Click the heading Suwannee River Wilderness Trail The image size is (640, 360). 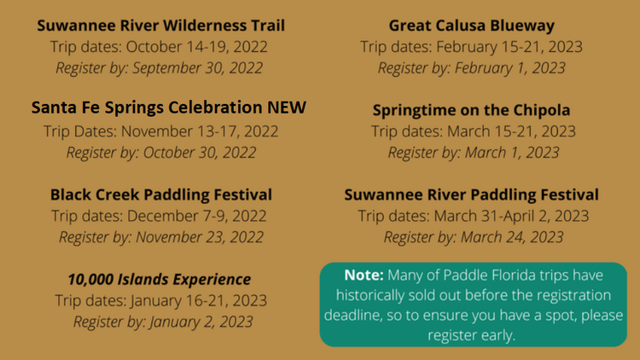pyautogui.click(x=160, y=26)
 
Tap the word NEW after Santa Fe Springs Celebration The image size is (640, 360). pyautogui.click(x=287, y=107)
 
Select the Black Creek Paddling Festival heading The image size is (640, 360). pyautogui.click(x=160, y=195)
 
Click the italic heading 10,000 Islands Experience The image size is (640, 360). pyautogui.click(x=160, y=280)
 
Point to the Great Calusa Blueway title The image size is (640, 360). pyautogui.click(x=471, y=26)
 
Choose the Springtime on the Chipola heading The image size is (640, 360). pyautogui.click(x=471, y=110)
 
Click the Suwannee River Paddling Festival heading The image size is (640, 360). pyautogui.click(x=471, y=195)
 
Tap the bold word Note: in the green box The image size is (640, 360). pyautogui.click(x=364, y=275)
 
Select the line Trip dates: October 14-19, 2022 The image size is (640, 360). pyautogui.click(x=160, y=47)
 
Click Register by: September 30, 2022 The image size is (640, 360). pyautogui.click(x=160, y=68)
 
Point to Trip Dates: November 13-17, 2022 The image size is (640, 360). pyautogui.click(x=160, y=131)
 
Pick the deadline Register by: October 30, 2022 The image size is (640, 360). pyautogui.click(x=161, y=153)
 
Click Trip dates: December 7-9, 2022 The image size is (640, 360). pyautogui.click(x=159, y=216)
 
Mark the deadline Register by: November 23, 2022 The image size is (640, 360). pyautogui.click(x=161, y=237)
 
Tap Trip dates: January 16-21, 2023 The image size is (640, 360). pyautogui.click(x=160, y=301)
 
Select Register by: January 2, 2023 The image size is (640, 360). pyautogui.click(x=163, y=322)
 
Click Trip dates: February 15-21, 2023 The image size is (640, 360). pyautogui.click(x=471, y=47)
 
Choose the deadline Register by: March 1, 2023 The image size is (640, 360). pyautogui.click(x=474, y=153)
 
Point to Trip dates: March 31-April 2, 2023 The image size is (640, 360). pyautogui.click(x=474, y=216)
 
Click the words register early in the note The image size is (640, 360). pyautogui.click(x=471, y=335)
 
